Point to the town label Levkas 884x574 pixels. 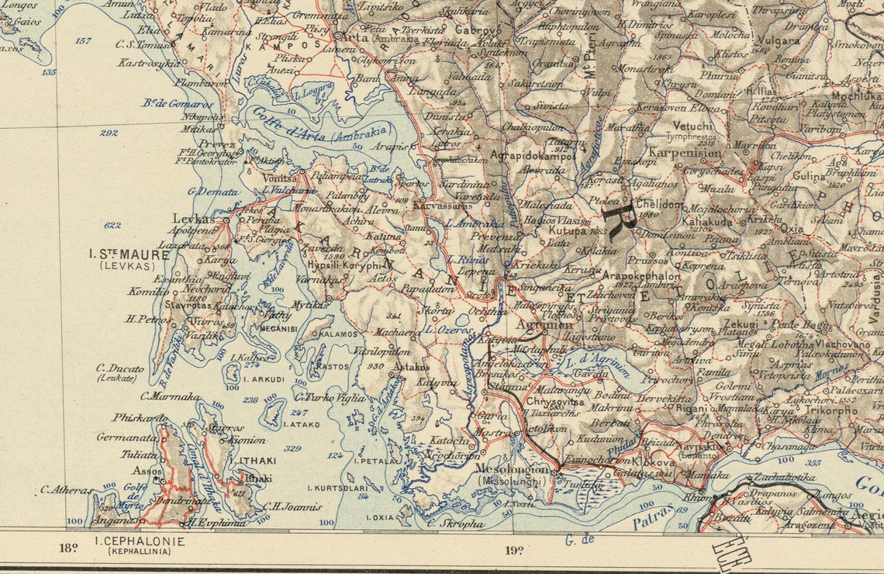pos(193,220)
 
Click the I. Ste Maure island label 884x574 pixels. pos(129,254)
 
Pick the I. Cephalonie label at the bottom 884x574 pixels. pos(140,541)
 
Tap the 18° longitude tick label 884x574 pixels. pos(68,549)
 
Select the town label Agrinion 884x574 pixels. pos(549,324)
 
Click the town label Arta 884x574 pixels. pos(357,37)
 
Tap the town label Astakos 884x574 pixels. pos(411,367)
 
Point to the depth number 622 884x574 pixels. pos(112,226)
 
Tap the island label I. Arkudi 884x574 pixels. pos(264,380)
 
